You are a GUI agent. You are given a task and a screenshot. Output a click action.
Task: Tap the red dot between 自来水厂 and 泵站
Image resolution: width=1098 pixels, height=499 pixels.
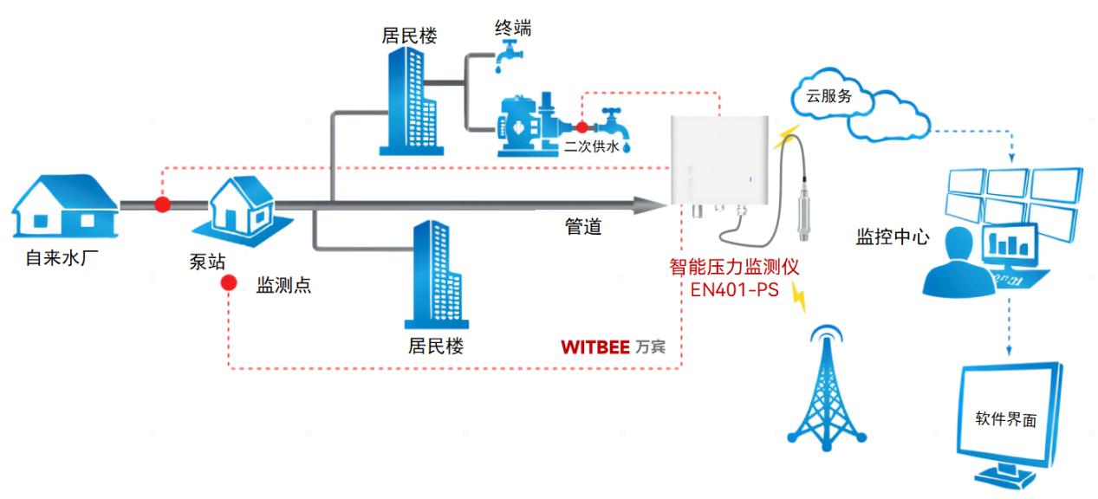coord(162,204)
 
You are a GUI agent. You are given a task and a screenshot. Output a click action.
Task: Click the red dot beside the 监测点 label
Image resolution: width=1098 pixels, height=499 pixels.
coord(227,283)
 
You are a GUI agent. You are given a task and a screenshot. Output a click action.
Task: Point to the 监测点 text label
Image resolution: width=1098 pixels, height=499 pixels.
coord(283,287)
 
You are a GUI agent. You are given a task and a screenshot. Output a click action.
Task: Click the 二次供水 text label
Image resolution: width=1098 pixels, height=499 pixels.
coord(592,147)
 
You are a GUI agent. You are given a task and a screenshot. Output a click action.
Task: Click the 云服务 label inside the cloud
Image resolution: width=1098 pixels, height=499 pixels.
coord(829,97)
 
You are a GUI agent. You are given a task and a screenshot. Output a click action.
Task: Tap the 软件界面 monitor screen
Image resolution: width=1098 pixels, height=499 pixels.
coord(1010,421)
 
